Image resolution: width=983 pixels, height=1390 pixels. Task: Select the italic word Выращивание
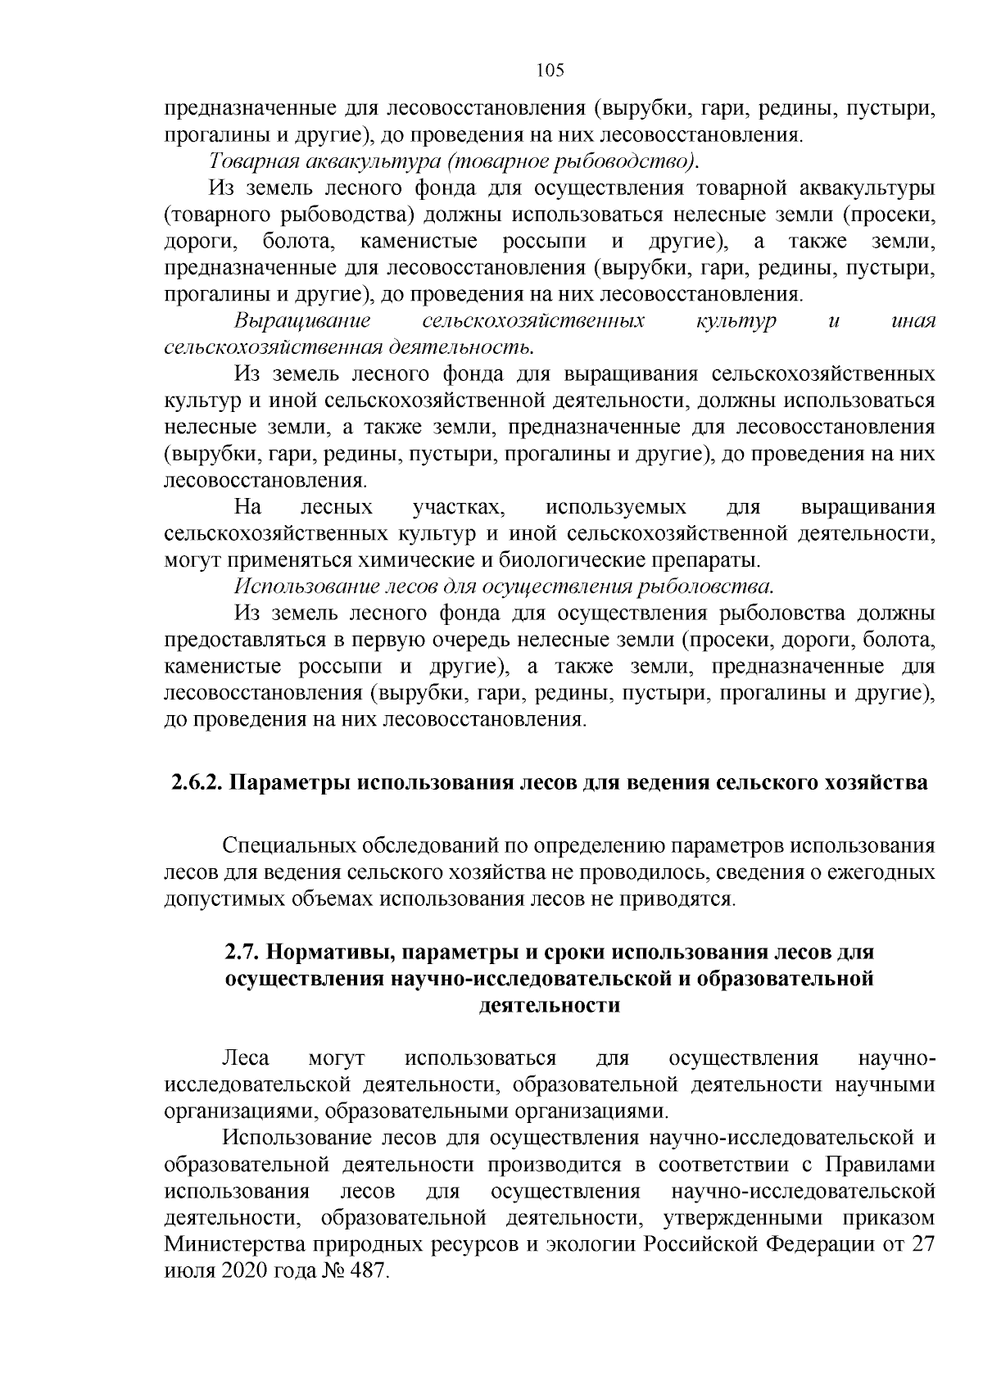302,320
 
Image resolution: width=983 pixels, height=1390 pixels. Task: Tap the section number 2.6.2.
197,782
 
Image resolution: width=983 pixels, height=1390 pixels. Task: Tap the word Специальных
292,845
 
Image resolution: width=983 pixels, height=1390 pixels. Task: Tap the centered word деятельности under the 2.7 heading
548,1005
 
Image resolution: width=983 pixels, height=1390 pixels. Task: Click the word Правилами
879,1164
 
